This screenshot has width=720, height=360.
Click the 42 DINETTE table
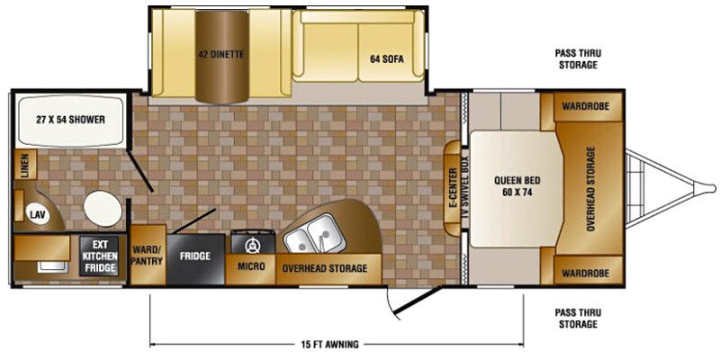tap(222, 56)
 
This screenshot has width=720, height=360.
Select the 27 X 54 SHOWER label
tap(71, 121)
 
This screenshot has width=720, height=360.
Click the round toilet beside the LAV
tap(103, 209)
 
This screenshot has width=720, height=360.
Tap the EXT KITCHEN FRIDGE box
tap(100, 256)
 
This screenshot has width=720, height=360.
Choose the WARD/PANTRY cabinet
tap(148, 255)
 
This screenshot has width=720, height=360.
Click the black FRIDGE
tap(195, 259)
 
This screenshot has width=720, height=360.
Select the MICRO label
tap(251, 266)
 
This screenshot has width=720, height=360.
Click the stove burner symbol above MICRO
tap(252, 246)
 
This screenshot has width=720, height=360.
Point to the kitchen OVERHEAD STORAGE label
tap(325, 268)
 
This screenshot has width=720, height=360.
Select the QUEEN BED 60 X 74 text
tap(517, 186)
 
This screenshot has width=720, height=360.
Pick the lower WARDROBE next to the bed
tap(586, 274)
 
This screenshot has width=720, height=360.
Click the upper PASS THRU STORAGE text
tap(578, 58)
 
